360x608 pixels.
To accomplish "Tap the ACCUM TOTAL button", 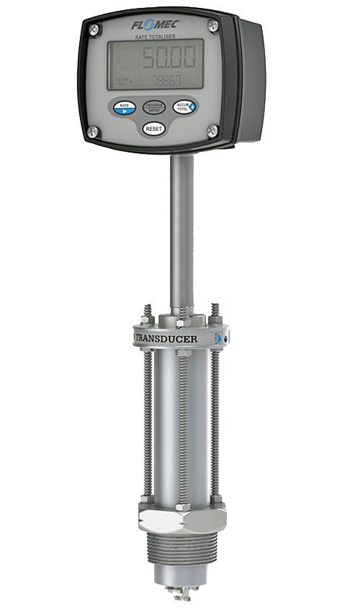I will click(184, 106).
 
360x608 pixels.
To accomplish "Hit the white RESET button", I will click(153, 128).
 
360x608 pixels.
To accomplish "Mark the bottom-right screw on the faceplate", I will click(212, 130).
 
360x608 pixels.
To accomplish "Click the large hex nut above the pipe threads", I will click(181, 518).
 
